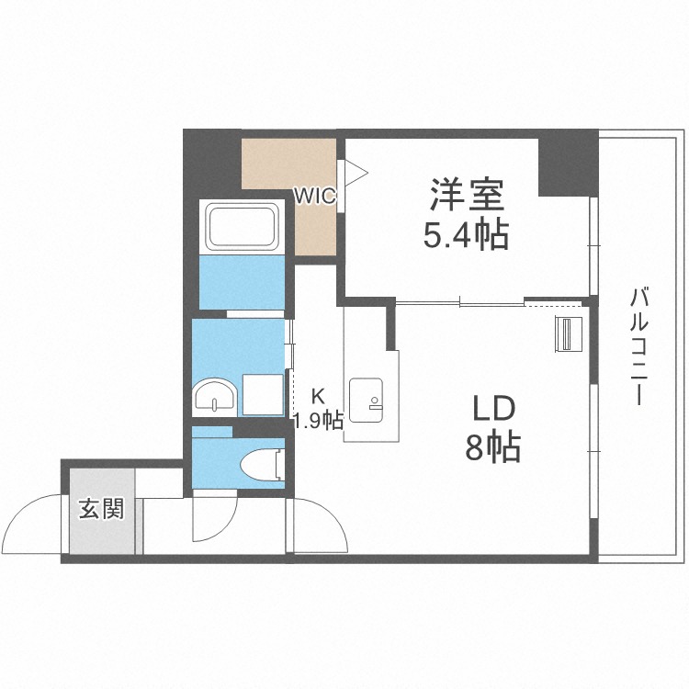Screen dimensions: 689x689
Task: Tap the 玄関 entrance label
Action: tap(100, 508)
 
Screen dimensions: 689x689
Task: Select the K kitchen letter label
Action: tap(318, 397)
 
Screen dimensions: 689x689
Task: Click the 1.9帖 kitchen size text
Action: tap(318, 422)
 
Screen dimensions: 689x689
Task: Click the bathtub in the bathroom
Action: tap(243, 224)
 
